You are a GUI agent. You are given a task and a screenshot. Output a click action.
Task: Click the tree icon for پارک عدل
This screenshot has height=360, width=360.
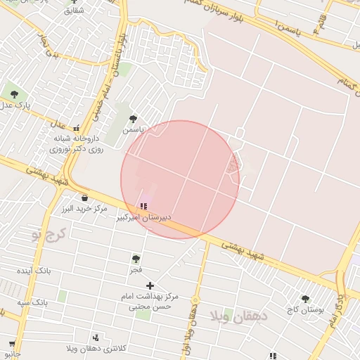pyautogui.click(x=12, y=92)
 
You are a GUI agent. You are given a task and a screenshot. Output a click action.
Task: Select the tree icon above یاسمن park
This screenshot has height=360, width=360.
pyautogui.click(x=132, y=119)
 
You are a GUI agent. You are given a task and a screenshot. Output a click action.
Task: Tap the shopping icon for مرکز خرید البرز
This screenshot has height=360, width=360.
pyautogui.click(x=84, y=198)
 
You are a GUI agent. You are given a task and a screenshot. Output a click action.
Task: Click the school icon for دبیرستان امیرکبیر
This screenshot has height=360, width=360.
pyautogui.click(x=143, y=206)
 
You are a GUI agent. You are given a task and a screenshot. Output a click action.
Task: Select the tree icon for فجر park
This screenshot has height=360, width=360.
pyautogui.click(x=136, y=258)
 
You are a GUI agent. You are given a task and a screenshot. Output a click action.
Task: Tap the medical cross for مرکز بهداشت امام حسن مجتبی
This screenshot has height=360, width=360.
pyautogui.click(x=149, y=285)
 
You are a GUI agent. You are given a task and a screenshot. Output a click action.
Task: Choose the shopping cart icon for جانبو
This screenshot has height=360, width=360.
pyautogui.click(x=11, y=344)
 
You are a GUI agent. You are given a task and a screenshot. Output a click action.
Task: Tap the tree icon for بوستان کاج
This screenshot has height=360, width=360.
pyautogui.click(x=304, y=298)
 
